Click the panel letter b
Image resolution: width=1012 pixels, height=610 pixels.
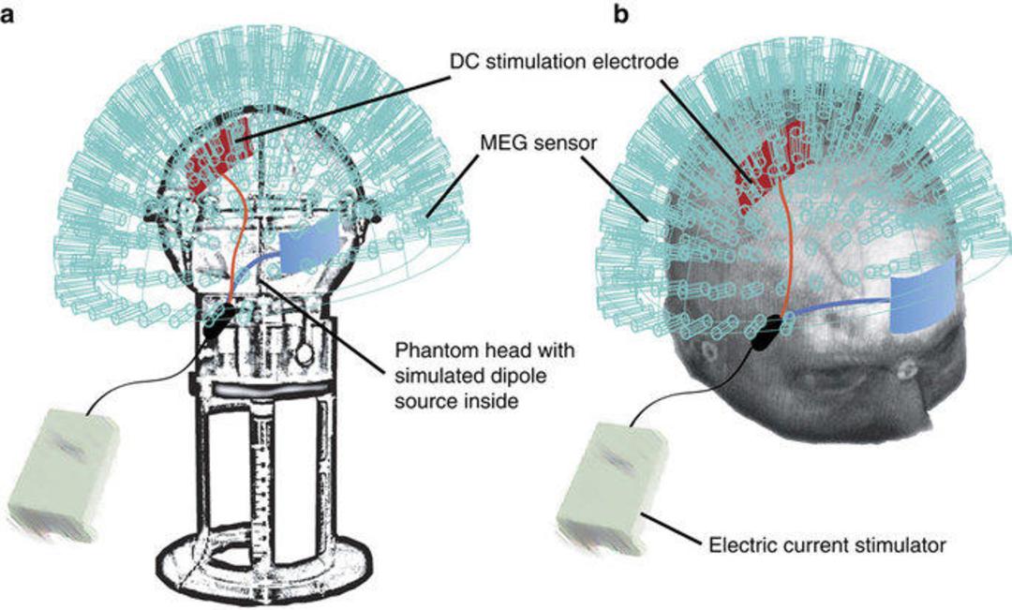(621, 14)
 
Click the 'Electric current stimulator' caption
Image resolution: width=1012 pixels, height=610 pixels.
(827, 545)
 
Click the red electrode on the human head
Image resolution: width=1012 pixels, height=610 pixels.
(767, 164)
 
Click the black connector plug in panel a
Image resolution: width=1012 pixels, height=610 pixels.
(218, 320)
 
